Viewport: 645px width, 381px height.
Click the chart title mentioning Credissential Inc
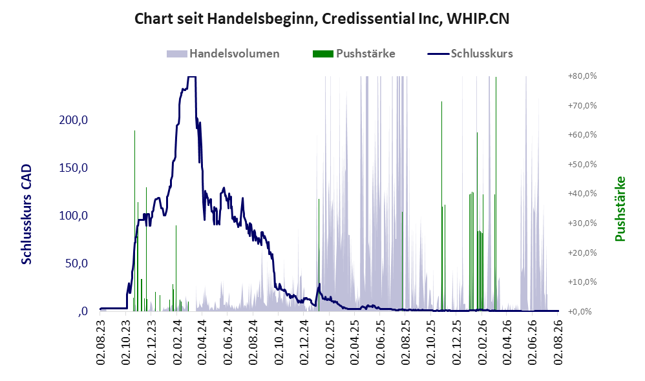[322, 19]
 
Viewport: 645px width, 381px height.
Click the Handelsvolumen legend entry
[223, 54]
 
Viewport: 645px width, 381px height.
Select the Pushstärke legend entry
[354, 54]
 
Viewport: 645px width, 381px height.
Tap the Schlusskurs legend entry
[470, 54]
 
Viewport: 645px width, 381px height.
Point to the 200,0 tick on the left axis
[74, 120]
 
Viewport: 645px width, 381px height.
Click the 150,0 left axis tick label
[74, 168]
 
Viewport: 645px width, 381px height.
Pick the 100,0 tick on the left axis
[74, 216]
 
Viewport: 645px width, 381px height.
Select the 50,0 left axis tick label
[76, 263]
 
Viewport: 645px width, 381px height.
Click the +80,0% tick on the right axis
[582, 76]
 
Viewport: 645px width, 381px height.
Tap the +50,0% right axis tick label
[582, 165]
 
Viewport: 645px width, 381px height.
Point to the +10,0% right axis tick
[582, 282]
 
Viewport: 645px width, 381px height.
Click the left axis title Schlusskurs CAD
[26, 214]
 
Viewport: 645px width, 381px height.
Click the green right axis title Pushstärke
[620, 209]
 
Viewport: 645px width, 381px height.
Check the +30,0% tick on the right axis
[582, 223]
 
